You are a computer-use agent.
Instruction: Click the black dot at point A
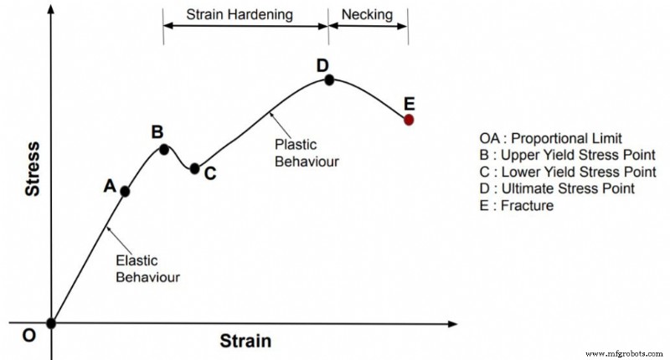[x=126, y=191]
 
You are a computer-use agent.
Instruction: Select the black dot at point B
[x=164, y=150]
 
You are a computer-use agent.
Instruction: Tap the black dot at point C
[x=195, y=168]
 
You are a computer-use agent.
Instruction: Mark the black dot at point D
[x=329, y=80]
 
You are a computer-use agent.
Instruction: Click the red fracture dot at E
[x=409, y=120]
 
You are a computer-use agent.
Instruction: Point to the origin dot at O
[x=52, y=323]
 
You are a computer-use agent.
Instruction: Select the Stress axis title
[x=33, y=169]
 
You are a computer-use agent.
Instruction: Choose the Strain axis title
[x=245, y=341]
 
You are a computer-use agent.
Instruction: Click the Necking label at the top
[x=368, y=14]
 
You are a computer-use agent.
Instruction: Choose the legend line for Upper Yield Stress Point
[x=567, y=155]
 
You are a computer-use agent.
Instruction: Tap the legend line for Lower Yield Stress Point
[x=567, y=172]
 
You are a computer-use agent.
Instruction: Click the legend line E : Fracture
[x=517, y=205]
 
